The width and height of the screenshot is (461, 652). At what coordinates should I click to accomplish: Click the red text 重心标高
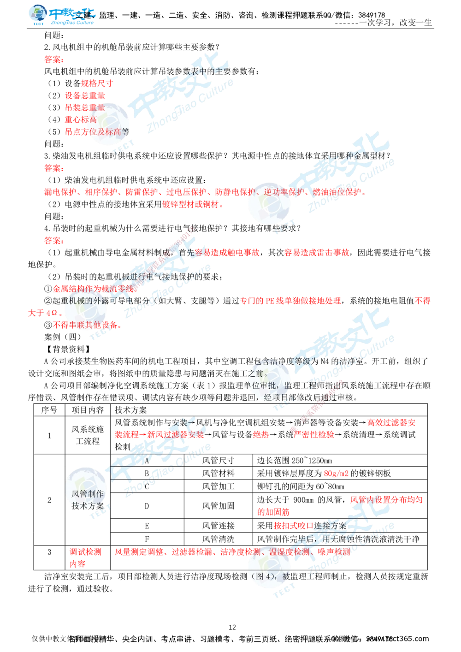click(x=81, y=119)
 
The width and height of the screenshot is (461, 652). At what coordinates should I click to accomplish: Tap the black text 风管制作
click(x=88, y=494)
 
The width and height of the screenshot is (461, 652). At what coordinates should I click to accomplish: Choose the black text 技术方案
click(x=88, y=505)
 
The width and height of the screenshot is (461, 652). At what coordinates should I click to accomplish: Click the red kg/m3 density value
click(x=337, y=474)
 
